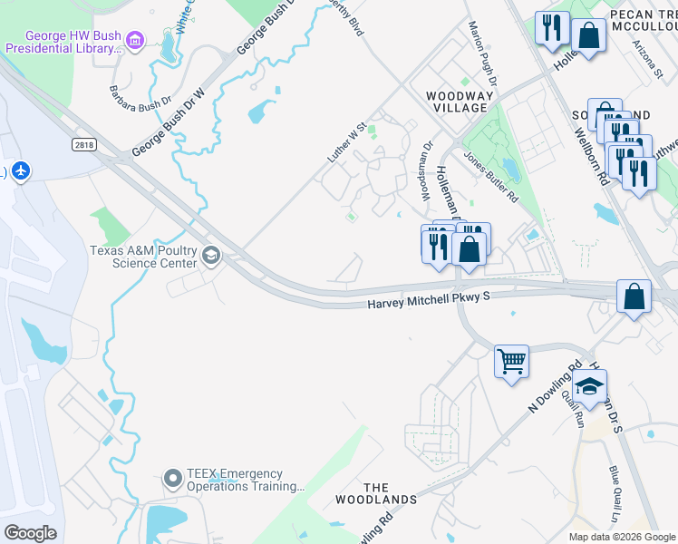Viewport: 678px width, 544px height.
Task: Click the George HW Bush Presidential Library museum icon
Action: click(135, 39)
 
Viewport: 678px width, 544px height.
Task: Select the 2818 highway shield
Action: click(83, 144)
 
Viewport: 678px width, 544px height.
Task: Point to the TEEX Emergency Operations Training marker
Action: click(173, 478)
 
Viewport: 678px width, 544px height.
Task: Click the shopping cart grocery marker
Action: click(511, 361)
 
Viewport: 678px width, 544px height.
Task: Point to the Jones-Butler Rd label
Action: click(490, 175)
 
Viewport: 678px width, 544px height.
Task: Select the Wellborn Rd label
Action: click(589, 154)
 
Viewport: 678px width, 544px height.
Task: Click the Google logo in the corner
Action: click(30, 532)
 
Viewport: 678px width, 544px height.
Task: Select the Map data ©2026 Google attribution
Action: click(621, 537)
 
